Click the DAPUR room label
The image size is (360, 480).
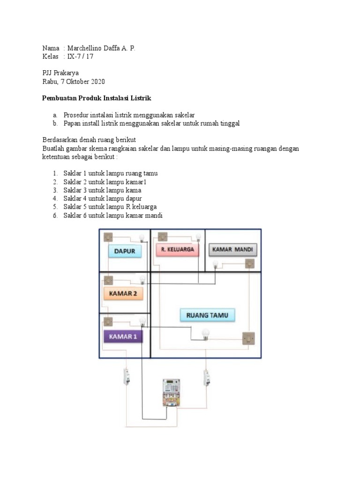pos(124,251)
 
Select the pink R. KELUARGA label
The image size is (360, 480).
pos(178,249)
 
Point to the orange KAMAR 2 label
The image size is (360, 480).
pos(123,294)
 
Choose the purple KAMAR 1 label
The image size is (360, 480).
pos(123,336)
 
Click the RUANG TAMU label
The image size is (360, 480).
pos(207,315)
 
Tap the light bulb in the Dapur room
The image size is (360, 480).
pos(142,238)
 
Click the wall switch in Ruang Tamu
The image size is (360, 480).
pos(248,338)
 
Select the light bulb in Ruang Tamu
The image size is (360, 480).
pos(205,334)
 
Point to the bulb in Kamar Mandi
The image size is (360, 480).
pos(216,265)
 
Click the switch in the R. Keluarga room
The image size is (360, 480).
pos(163,236)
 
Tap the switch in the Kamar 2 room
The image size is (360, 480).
pos(108,280)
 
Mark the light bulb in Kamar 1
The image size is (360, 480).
pos(142,322)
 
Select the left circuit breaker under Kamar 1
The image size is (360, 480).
pos(125,377)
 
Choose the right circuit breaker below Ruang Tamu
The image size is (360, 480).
pos(205,377)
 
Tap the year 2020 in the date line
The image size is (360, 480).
pos(97,81)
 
